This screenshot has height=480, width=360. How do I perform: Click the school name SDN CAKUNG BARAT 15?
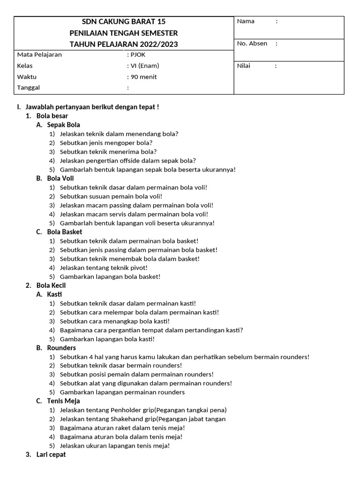coord(124,22)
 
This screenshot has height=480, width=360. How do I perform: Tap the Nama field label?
coord(246,21)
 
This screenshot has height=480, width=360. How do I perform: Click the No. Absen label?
coord(252,44)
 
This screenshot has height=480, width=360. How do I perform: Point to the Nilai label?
coord(244,66)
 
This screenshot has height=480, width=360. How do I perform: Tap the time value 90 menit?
coord(144,77)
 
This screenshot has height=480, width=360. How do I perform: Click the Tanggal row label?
coord(29,88)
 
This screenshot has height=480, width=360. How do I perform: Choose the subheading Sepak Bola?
coord(63,125)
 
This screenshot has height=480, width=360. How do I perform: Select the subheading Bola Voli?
coord(60,178)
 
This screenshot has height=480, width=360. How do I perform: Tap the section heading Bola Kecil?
coord(51,285)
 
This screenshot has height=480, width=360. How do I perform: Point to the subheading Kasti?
coord(54,294)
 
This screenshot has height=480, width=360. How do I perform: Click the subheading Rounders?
coord(61,348)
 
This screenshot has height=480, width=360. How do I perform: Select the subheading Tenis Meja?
coord(63,401)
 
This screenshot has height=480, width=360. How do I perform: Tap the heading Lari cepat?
coord(51,455)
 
